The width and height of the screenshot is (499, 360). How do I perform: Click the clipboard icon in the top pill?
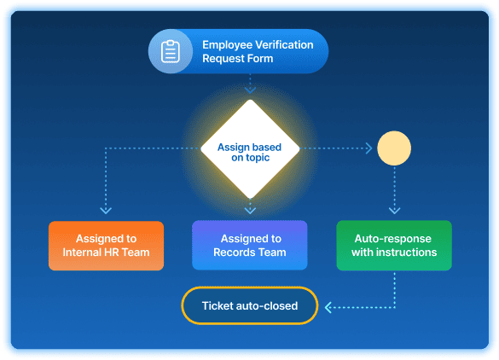(171, 51)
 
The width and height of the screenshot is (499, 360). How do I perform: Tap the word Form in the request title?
(258, 59)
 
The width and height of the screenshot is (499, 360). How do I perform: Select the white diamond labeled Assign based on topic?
(250, 148)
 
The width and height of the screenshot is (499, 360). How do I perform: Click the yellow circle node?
(393, 148)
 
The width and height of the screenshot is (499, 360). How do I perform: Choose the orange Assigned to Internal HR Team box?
(106, 246)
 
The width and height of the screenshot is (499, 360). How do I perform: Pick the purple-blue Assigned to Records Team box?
(250, 246)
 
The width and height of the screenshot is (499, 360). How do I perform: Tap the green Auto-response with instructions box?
(394, 246)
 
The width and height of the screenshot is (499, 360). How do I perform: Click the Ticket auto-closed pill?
(250, 306)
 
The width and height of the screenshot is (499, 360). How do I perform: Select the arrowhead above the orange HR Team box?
(106, 209)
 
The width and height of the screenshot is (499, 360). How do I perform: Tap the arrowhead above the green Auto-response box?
(394, 209)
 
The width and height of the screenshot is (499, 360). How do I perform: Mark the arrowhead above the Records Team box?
(250, 210)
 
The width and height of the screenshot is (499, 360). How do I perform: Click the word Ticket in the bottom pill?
(218, 306)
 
